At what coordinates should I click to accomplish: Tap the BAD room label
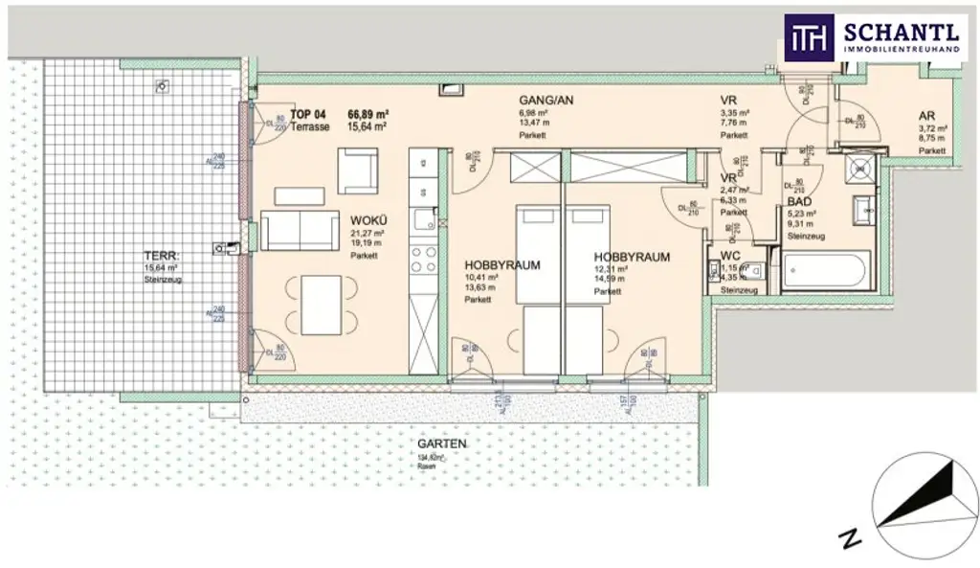coord(799,203)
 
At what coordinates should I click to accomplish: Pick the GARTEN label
coord(441,444)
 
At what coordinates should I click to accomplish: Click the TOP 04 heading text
coord(307,114)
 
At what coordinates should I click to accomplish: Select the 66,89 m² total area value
coord(367,114)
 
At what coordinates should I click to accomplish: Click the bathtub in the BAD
coord(826,271)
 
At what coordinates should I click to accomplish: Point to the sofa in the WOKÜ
coord(300,230)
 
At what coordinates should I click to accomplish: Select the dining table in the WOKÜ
coord(321,305)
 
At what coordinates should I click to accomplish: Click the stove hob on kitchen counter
coord(422,258)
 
